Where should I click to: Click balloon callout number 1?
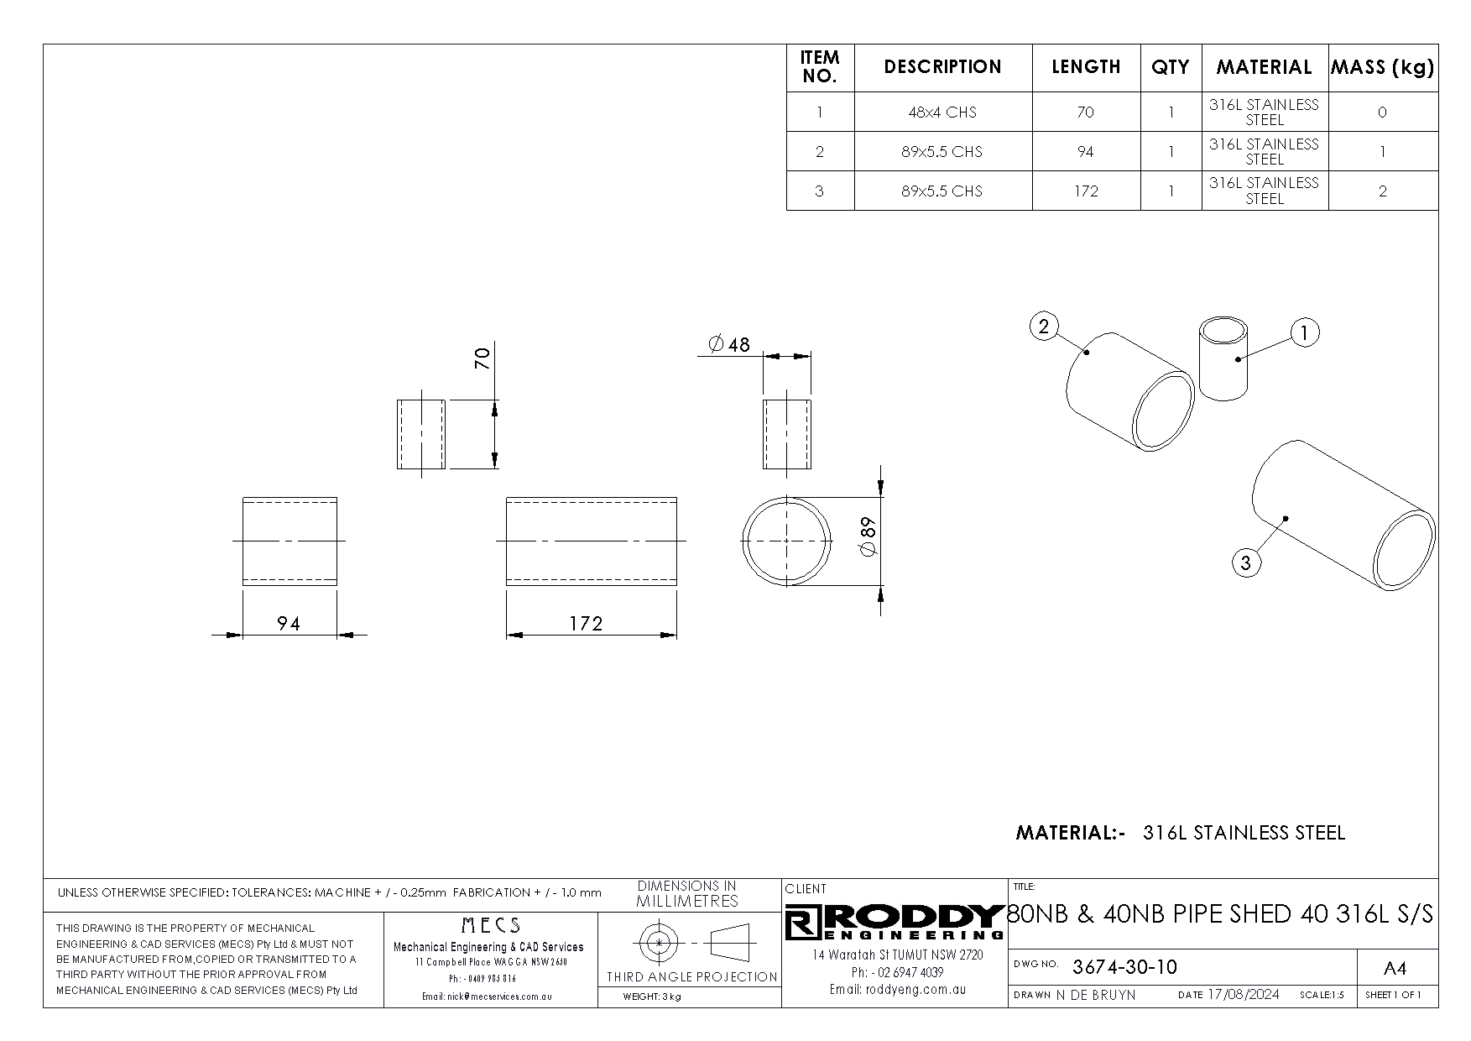tap(1304, 332)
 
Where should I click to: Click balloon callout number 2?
tap(1044, 327)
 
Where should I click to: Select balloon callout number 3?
tap(1245, 562)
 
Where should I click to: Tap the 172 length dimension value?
tap(586, 624)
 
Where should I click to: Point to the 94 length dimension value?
tap(289, 624)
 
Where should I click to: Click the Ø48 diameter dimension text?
tap(728, 344)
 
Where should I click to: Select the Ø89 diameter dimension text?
tap(868, 536)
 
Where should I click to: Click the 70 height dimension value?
tap(482, 359)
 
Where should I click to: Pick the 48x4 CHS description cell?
tap(942, 112)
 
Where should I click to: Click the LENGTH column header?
tap(1086, 67)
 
